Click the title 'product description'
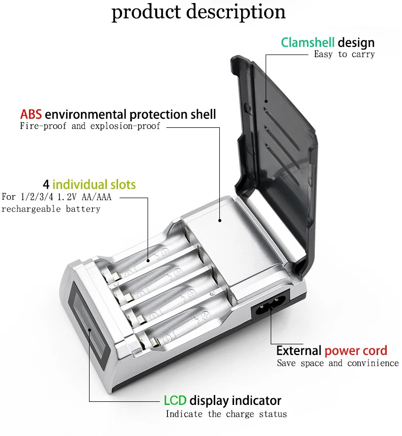(198, 12)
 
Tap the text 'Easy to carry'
(344, 54)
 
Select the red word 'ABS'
(31, 114)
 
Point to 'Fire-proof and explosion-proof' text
(90, 126)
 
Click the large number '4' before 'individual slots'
(46, 184)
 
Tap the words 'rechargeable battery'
(51, 209)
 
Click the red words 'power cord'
(356, 350)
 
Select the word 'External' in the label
(299, 350)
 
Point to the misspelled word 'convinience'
(373, 363)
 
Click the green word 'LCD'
(175, 400)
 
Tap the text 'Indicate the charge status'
(226, 414)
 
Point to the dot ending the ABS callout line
(220, 221)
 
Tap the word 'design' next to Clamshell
(356, 42)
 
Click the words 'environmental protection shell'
(130, 114)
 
